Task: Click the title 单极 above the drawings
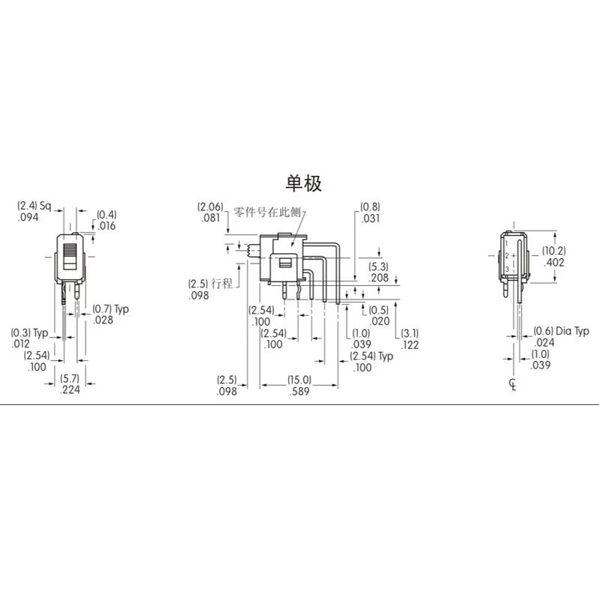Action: tap(304, 183)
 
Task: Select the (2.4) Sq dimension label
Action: tap(34, 206)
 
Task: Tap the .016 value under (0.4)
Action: tap(106, 226)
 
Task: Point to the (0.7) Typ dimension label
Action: tap(111, 308)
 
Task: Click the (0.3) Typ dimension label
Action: tap(29, 332)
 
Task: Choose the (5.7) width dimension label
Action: tap(70, 379)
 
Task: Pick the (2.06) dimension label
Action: tap(210, 207)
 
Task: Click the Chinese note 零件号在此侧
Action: tap(267, 212)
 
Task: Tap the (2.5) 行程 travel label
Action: tap(210, 284)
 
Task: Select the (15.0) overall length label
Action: tap(299, 380)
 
